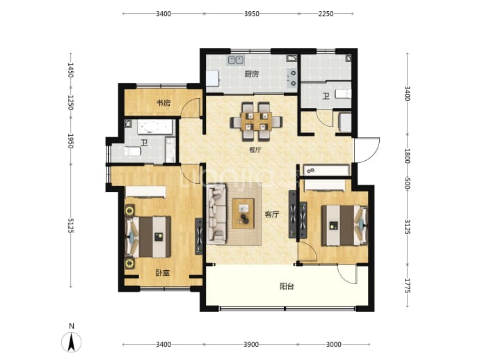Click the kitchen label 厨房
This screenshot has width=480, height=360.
[x=251, y=74]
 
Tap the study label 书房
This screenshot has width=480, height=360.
[x=163, y=102]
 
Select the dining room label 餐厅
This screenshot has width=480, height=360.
[x=255, y=150]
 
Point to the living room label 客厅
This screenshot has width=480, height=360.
[x=272, y=214]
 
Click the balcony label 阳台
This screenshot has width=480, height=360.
[x=287, y=286]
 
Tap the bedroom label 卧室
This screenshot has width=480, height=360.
[x=162, y=273]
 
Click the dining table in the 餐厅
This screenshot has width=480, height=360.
[x=256, y=122]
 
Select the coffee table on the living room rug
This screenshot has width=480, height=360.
[x=243, y=214]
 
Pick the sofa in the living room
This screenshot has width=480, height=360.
[x=217, y=214]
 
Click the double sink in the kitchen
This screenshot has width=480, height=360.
[x=235, y=60]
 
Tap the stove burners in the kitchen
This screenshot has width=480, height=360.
[x=292, y=78]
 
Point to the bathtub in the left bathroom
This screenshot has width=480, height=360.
[x=155, y=127]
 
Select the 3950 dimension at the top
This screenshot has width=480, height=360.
[x=251, y=14]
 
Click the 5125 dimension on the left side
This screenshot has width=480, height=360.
[x=71, y=226]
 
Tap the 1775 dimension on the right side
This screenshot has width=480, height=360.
[x=407, y=285]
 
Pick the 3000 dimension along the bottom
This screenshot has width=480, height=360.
[x=333, y=345]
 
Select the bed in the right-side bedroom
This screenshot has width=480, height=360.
[x=344, y=226]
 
